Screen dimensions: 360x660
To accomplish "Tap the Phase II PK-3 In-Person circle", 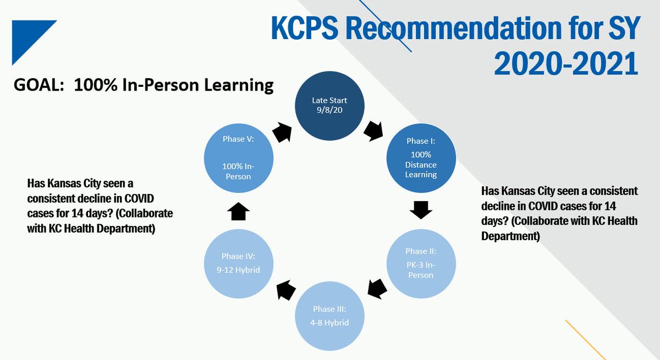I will [x=421, y=263].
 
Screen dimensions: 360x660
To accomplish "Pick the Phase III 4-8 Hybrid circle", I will [x=329, y=317].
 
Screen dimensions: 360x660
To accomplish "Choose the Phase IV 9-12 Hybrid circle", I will [x=237, y=263].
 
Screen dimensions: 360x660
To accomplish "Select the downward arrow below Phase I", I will [x=421, y=209].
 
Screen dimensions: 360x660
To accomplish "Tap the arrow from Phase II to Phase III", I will [x=377, y=288].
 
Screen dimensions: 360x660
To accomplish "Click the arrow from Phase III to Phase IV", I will [x=285, y=289].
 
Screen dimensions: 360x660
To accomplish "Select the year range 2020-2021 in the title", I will [x=566, y=64].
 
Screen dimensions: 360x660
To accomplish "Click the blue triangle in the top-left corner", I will [x=28, y=36].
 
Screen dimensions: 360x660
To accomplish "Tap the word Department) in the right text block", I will [x=510, y=236].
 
